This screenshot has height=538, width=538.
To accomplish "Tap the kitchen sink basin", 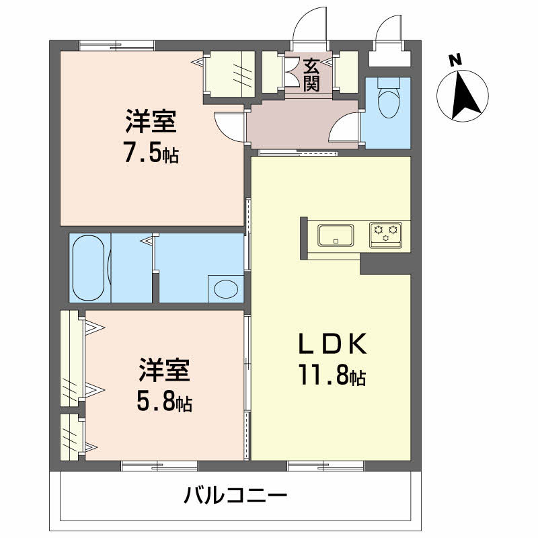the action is coord(336,235).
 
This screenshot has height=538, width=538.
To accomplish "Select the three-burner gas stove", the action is coord(385,235).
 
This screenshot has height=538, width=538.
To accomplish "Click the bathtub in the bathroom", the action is coord(89,268).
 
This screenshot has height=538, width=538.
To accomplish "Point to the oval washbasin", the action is coord(226,289).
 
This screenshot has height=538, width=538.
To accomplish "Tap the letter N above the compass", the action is coord(455,61).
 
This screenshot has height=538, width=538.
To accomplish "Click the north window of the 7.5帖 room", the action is coord(116,45).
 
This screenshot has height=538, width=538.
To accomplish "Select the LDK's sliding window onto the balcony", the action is coord(325,466).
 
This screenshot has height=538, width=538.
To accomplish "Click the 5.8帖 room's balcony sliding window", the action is coord(159,466).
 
